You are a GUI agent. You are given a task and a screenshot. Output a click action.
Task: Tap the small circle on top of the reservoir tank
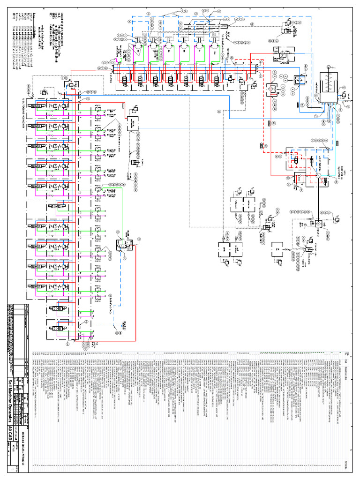328,66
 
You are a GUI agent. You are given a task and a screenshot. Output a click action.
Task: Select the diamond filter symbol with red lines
272,89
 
